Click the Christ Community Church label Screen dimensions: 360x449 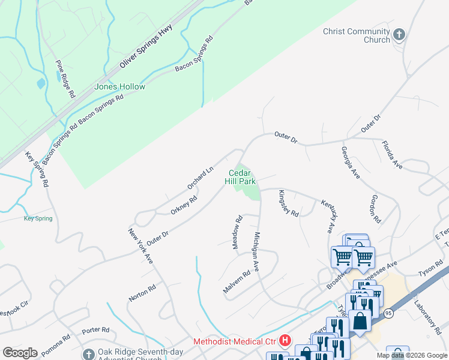coord(356,35)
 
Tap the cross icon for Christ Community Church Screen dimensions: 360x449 coord(399,34)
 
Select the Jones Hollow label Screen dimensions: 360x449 coord(119,86)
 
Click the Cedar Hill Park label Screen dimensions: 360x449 coord(241,177)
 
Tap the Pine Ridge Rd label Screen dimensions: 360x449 coord(65,79)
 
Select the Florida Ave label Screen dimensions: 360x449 coord(392,154)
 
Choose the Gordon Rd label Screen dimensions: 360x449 coord(376,208)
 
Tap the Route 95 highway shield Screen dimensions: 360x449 coord(389,313)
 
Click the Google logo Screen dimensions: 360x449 coord(20,353)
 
